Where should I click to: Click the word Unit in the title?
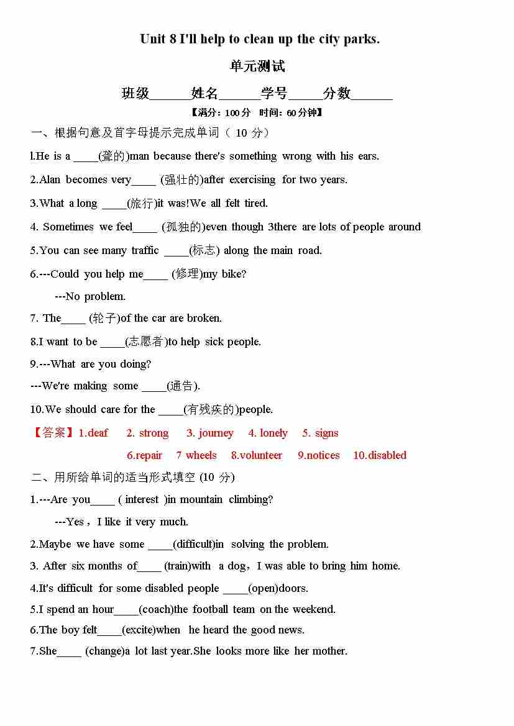153,39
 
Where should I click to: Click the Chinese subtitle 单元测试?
257,66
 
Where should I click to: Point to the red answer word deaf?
98,433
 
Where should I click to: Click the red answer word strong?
154,433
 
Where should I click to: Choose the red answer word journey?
216,433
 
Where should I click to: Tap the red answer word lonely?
273,433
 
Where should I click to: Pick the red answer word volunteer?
260,455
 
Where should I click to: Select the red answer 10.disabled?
380,455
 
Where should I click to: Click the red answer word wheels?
201,455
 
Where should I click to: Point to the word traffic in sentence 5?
145,251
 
